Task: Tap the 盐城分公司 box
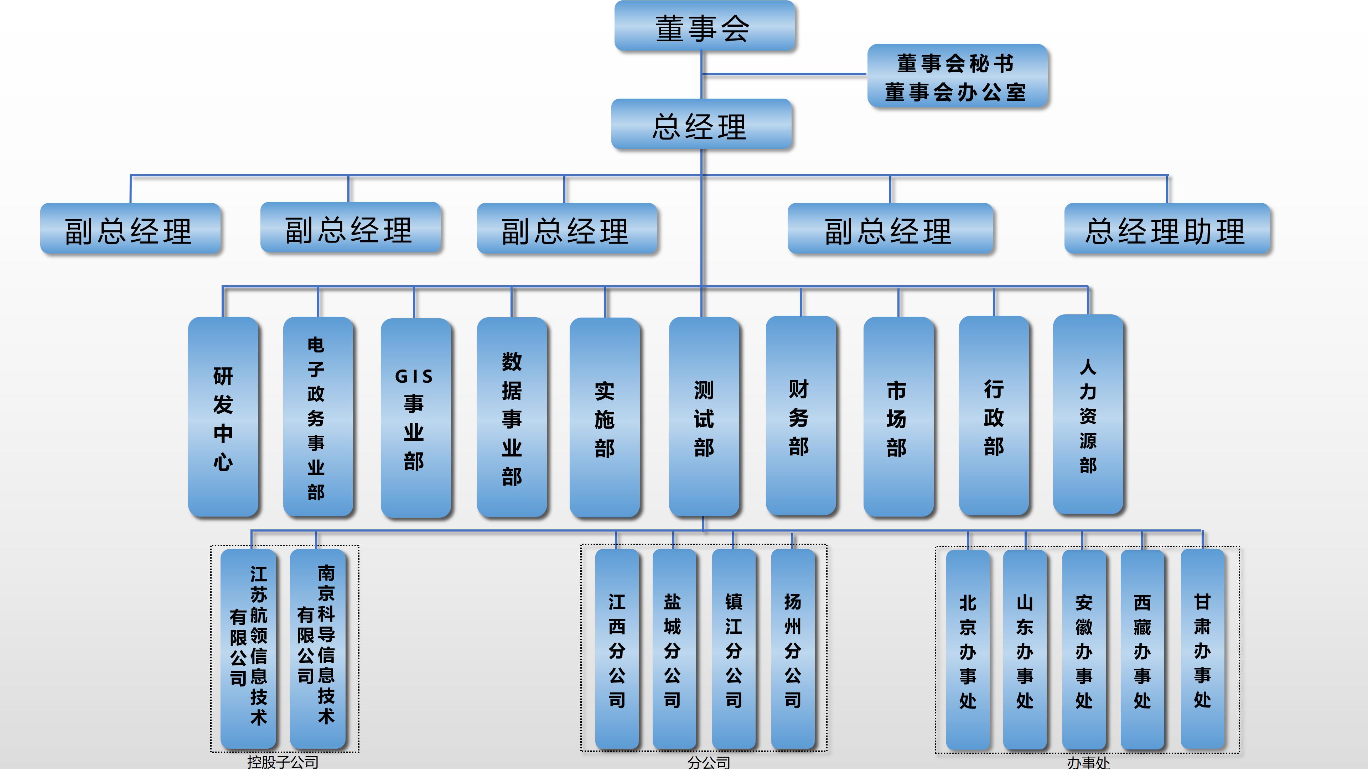click(x=673, y=649)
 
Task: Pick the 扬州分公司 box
click(x=792, y=649)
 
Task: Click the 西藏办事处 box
click(x=1142, y=650)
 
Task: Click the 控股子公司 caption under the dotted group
click(x=283, y=762)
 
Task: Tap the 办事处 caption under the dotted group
click(x=1088, y=763)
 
